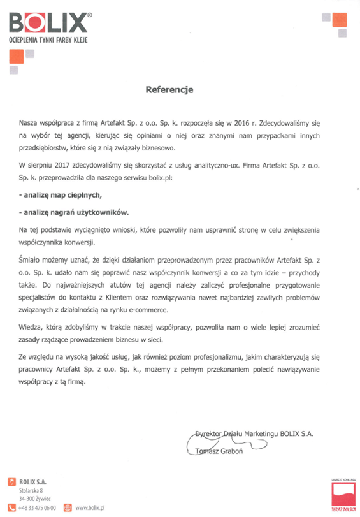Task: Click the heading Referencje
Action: tap(169, 90)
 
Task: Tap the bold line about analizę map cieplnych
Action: tap(61, 193)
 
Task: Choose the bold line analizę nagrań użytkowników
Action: tap(71, 212)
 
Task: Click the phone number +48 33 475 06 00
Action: tap(38, 507)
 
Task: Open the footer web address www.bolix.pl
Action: tap(90, 507)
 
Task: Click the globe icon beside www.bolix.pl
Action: tap(69, 507)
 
